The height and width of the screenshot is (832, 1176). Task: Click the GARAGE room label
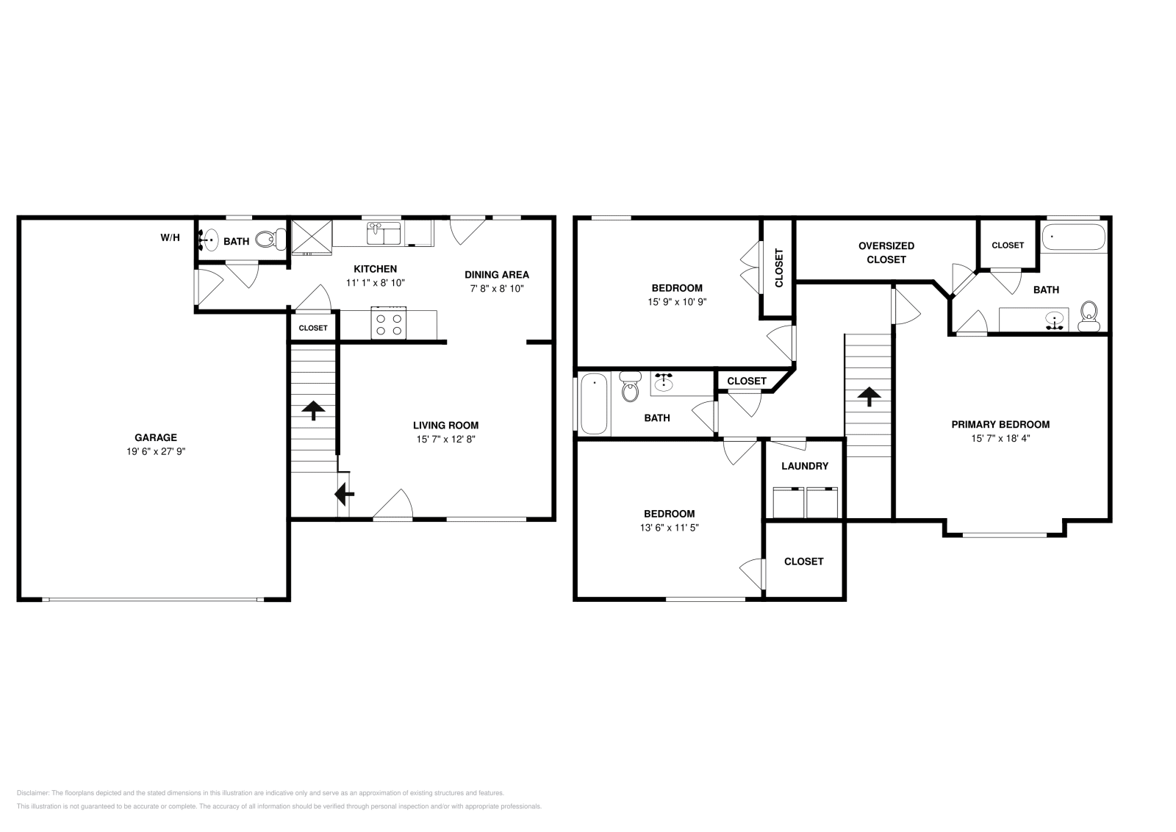point(155,437)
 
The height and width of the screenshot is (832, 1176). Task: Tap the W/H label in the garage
point(170,238)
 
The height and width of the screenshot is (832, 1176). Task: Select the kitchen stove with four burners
point(389,323)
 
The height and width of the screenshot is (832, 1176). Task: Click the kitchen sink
point(383,233)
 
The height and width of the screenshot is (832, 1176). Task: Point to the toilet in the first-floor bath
point(271,240)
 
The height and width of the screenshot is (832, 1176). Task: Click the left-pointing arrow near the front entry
point(345,494)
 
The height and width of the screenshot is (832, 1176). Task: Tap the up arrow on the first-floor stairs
point(313,411)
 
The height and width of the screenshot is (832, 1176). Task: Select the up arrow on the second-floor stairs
point(869,397)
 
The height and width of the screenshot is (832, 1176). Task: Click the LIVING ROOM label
point(445,425)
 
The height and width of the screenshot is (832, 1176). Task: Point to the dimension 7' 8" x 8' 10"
point(497,288)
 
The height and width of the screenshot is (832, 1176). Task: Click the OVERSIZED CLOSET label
point(886,253)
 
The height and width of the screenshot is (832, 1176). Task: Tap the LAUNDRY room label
point(805,465)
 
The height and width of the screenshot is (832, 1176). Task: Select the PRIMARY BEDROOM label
point(1000,424)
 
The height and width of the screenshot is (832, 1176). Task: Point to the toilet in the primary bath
point(1089,316)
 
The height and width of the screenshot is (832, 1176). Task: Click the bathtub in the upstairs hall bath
point(595,404)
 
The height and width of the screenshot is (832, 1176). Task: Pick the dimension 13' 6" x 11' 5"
point(669,528)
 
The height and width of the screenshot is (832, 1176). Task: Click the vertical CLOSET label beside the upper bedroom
point(778,268)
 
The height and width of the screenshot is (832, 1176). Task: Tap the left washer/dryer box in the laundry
point(789,502)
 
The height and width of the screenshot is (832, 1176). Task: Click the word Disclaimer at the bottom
point(33,793)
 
